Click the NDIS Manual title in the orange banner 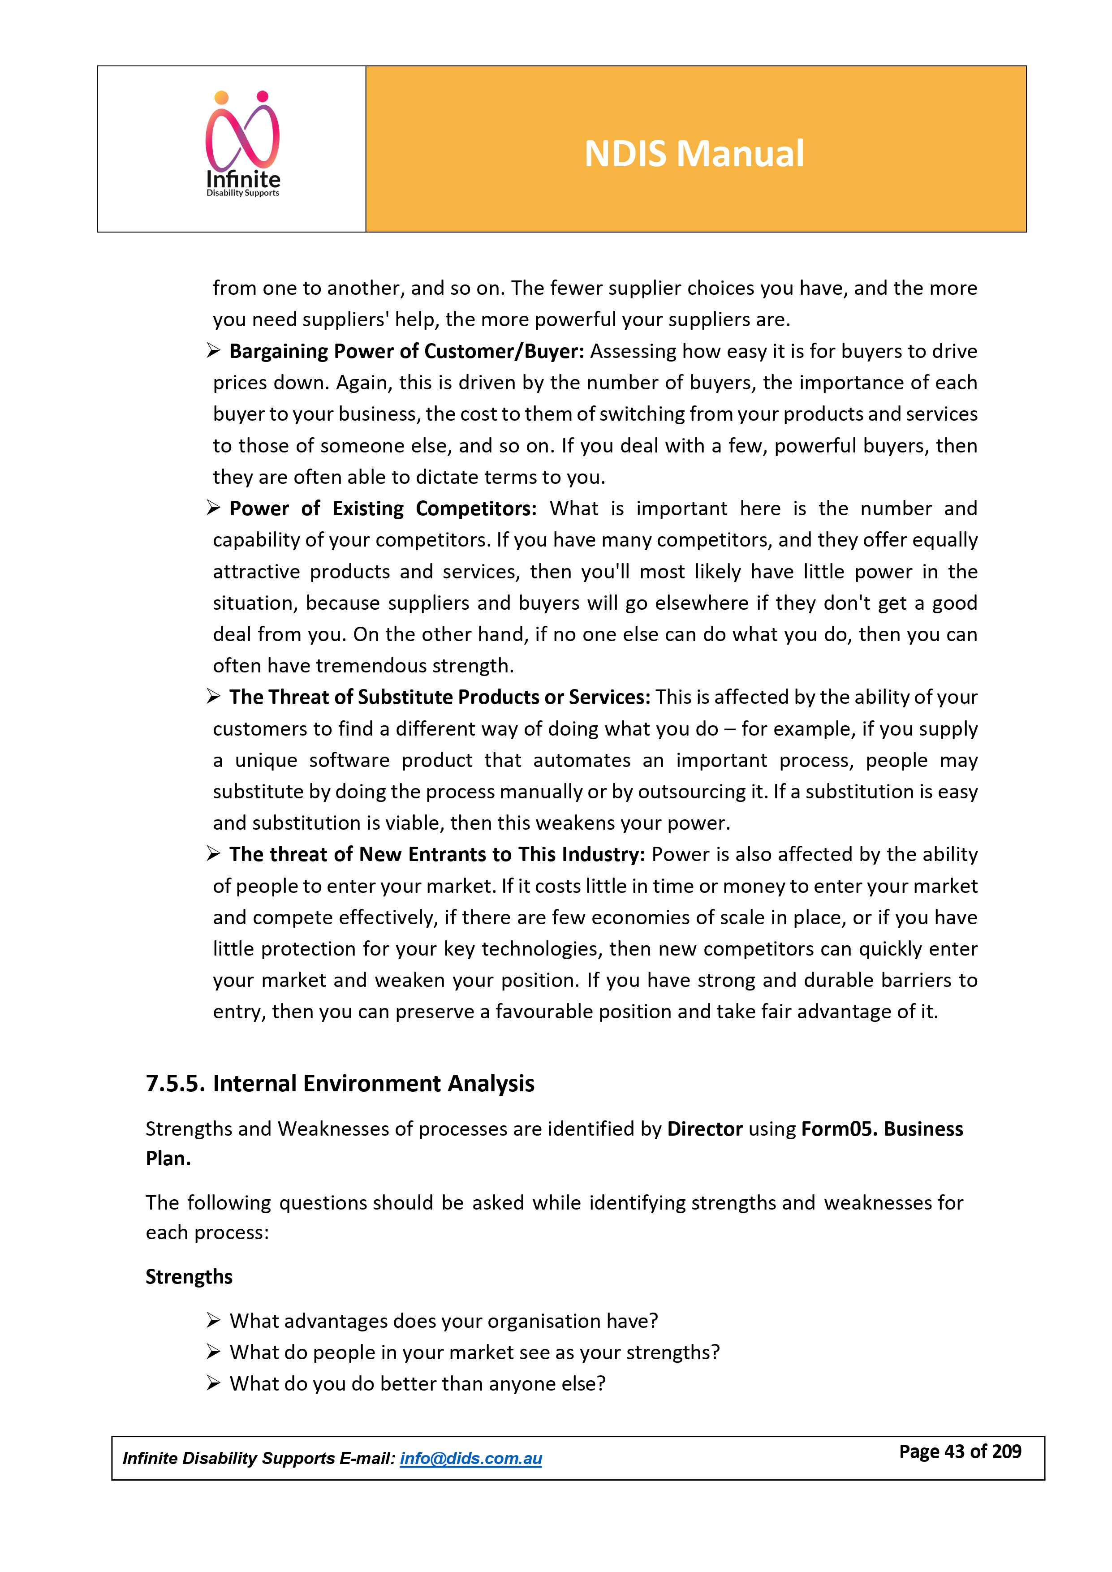click(x=694, y=153)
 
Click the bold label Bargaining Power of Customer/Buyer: click(x=407, y=351)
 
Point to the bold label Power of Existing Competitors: click(x=383, y=509)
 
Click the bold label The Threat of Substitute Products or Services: click(x=440, y=697)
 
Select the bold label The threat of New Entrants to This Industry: click(x=437, y=854)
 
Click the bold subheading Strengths click(x=189, y=1277)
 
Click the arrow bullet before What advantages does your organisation click(x=214, y=1320)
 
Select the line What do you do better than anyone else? click(x=418, y=1384)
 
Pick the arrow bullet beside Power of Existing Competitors click(x=214, y=508)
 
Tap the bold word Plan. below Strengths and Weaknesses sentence click(x=168, y=1159)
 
